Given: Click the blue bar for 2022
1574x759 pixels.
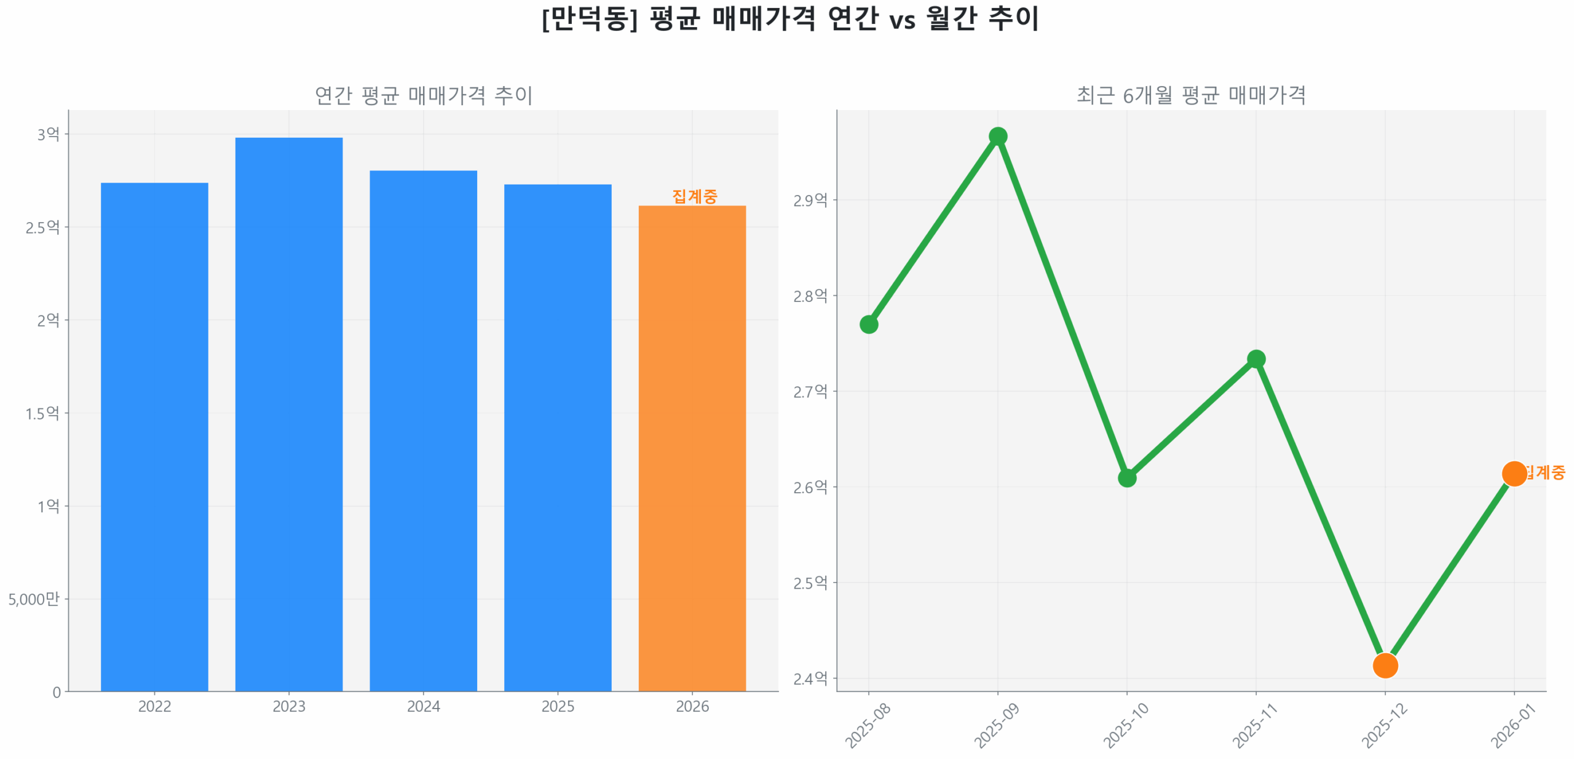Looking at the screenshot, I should [154, 437].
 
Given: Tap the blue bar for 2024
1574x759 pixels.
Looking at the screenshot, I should [423, 431].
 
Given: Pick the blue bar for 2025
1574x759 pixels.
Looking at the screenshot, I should [557, 437].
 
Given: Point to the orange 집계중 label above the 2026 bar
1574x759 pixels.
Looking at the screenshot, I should [694, 196].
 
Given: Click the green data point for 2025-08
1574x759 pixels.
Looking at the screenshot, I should [868, 324].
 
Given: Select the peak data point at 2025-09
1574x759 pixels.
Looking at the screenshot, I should [997, 136].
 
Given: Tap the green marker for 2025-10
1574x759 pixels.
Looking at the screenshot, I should [1126, 477].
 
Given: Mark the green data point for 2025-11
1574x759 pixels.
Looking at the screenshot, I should [1256, 359].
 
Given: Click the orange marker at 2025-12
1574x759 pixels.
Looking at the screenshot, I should [1385, 665].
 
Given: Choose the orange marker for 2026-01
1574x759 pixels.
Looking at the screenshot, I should [1513, 473].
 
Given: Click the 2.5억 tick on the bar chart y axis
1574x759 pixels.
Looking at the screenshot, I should [42, 228].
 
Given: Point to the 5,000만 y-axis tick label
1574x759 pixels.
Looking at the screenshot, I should [34, 599].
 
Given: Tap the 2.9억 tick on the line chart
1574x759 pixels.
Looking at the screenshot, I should [810, 201].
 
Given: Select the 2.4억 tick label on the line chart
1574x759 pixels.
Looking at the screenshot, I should [810, 678].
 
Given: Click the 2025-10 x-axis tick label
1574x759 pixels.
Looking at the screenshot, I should [1126, 725].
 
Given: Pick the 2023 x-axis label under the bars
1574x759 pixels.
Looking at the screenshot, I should [288, 706].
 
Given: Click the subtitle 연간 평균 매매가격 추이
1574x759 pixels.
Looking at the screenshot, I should [423, 95].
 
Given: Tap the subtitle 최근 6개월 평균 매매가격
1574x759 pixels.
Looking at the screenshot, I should [1190, 95].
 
